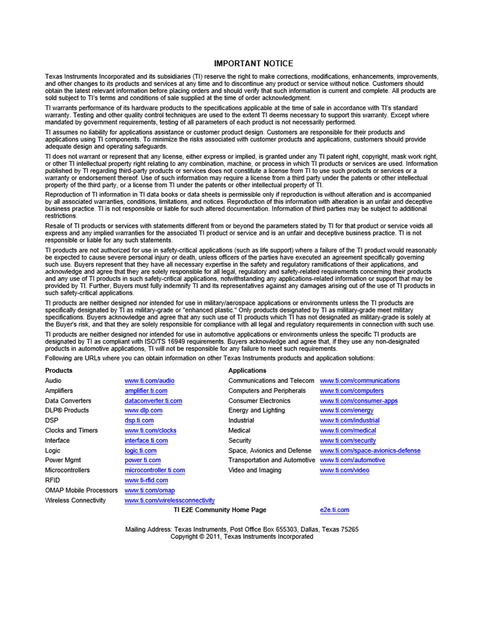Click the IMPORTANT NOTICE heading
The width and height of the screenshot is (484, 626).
click(x=253, y=63)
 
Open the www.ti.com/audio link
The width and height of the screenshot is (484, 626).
click(x=149, y=381)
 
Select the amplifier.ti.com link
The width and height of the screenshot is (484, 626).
click(x=146, y=391)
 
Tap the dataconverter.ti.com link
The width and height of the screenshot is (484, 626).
click(x=153, y=401)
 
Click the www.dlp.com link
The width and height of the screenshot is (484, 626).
click(x=144, y=410)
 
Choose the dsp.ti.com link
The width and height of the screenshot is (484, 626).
click(x=139, y=420)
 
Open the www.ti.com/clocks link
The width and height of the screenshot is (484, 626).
click(x=150, y=430)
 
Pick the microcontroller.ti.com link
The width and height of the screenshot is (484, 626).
click(x=154, y=470)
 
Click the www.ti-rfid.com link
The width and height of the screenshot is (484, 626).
click(x=146, y=480)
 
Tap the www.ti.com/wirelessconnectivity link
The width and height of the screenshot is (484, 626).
click(x=170, y=500)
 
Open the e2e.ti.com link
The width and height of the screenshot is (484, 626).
click(x=335, y=510)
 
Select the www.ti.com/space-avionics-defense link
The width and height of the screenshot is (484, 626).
click(x=370, y=451)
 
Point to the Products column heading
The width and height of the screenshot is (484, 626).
click(x=59, y=371)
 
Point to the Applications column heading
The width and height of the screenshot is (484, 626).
click(x=247, y=371)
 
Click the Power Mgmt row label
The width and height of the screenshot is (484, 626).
click(x=63, y=460)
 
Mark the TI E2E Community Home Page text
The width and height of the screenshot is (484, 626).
click(x=219, y=510)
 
